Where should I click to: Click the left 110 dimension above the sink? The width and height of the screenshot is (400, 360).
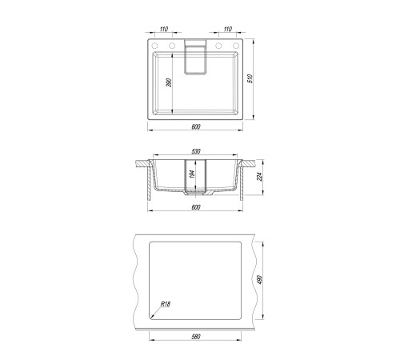[x=164, y=29]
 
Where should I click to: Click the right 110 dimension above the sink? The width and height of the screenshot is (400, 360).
[x=228, y=29]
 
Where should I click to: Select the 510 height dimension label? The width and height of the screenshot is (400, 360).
[x=250, y=78]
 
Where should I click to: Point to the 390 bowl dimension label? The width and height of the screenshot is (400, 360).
[x=169, y=83]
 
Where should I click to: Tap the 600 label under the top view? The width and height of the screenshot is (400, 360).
[x=196, y=127]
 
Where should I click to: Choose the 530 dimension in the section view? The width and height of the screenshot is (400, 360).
[x=196, y=151]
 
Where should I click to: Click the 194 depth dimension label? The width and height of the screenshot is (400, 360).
[x=193, y=174]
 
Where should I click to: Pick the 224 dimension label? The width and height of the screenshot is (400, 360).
[x=259, y=177]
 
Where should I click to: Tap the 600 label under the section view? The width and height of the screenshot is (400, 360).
[x=196, y=207]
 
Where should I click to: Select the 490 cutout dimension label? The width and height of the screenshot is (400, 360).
[x=260, y=279]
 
